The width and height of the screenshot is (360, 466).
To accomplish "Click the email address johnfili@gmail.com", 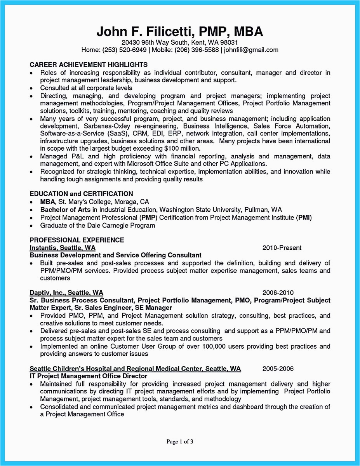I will point(251,50).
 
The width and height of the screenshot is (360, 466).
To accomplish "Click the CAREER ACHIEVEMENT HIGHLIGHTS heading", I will point(89,64).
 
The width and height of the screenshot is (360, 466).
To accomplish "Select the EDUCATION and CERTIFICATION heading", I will point(81,194).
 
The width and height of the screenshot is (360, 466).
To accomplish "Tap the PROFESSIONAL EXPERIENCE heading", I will point(77,240).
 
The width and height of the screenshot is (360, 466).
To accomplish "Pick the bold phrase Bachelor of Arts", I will point(65,210).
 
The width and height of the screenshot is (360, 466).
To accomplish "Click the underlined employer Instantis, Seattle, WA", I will point(63,248).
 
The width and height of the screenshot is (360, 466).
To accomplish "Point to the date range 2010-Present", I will point(282,248).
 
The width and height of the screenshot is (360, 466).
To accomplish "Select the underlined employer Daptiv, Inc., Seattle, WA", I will point(66,293).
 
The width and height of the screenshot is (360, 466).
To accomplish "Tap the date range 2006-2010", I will point(278,293).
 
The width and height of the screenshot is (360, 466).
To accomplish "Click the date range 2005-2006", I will point(278,369).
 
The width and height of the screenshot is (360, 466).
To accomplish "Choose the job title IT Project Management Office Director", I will point(89,376).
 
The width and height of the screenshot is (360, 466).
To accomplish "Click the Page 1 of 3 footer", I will point(180,441).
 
